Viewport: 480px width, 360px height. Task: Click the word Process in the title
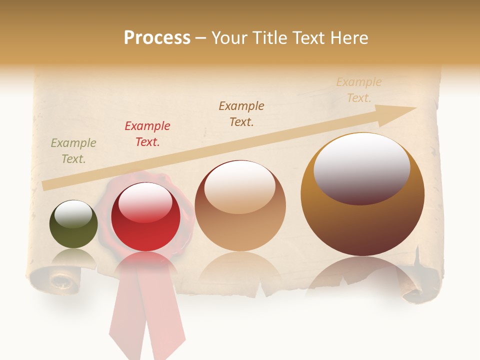click(157, 37)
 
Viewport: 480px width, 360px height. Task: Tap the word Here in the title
click(348, 37)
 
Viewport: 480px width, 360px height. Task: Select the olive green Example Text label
click(73, 151)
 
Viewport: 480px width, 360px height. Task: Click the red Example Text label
click(147, 133)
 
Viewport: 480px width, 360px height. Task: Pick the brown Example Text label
click(241, 113)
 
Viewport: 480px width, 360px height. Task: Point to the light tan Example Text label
click(359, 90)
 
